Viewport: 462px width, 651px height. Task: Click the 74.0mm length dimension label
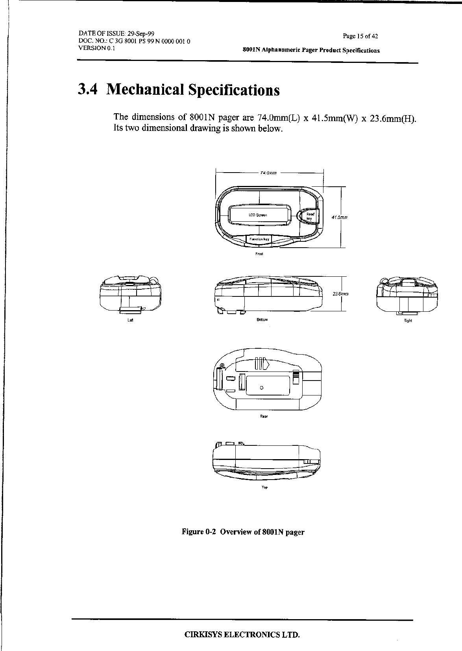(x=269, y=173)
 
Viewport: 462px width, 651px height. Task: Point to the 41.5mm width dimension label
(x=341, y=217)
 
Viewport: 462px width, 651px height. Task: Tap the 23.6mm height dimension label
(x=341, y=294)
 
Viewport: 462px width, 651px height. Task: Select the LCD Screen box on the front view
(x=258, y=215)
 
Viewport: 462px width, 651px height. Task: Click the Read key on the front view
(x=310, y=216)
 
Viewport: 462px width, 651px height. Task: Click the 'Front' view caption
(x=259, y=254)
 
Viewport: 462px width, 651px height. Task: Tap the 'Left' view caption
(x=131, y=320)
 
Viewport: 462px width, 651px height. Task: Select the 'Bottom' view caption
(x=262, y=320)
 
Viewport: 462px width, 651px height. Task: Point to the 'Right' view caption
(x=408, y=321)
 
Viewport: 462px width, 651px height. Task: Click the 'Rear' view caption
(x=264, y=416)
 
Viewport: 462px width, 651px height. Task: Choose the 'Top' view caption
(x=264, y=487)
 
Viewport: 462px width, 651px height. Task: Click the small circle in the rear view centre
(x=262, y=388)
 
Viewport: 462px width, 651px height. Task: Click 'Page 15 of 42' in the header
(x=360, y=36)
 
